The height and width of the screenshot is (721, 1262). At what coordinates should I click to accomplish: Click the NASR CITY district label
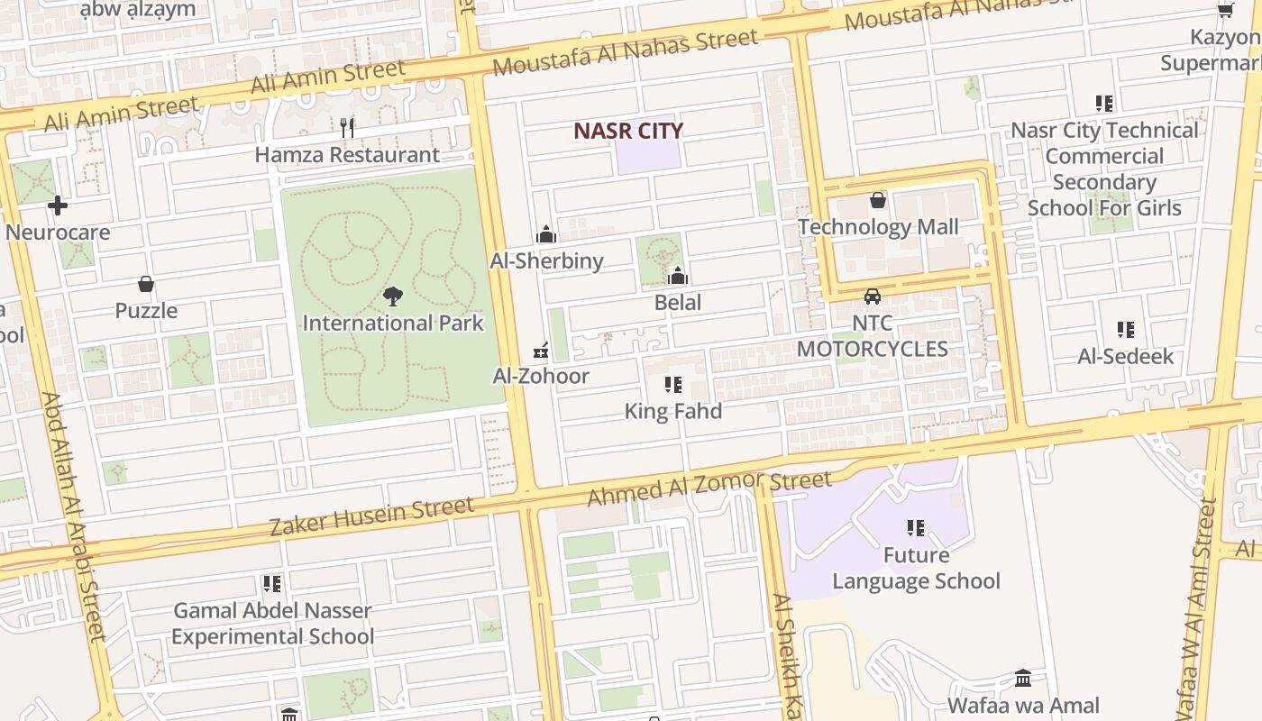[628, 131]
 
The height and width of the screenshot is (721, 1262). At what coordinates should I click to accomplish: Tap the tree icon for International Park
[392, 296]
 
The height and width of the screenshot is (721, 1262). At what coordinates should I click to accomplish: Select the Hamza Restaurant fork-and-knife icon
[347, 128]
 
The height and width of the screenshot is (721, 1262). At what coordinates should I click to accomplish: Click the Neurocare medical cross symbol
[58, 205]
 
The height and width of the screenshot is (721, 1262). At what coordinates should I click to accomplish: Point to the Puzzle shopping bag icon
[146, 285]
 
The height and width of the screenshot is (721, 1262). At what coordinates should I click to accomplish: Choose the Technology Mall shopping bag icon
[878, 200]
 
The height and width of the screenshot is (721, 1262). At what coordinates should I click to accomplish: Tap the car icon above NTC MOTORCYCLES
[872, 296]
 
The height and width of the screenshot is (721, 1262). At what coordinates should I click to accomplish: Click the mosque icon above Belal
[678, 276]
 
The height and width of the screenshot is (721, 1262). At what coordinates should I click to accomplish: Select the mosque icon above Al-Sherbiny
[546, 235]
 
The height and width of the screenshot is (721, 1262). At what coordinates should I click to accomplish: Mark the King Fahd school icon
[673, 385]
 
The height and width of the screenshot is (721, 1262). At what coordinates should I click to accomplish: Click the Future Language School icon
[916, 527]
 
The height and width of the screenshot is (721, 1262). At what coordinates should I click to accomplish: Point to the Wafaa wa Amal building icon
[1023, 678]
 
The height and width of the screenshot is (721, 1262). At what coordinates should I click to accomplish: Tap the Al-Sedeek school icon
[1126, 330]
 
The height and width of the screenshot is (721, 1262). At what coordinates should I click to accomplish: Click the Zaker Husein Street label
[371, 516]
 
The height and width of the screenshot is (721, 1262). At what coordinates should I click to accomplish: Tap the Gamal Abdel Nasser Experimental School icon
[271, 584]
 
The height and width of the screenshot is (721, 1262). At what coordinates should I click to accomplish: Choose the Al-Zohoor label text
[541, 376]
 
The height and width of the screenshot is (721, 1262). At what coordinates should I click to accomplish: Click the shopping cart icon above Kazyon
[1225, 11]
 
